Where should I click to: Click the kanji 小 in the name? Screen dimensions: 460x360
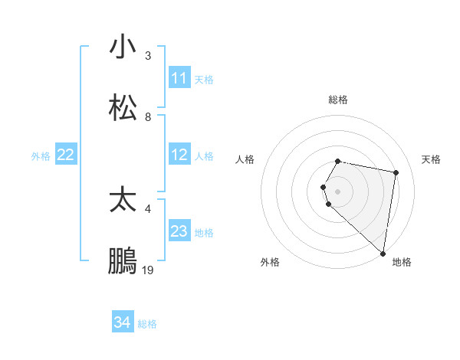123,47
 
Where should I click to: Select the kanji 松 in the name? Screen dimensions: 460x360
123,108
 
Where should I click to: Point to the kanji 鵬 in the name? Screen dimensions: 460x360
123,262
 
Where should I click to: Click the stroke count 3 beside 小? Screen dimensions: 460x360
148,55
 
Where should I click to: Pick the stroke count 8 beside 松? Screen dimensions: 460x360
148,116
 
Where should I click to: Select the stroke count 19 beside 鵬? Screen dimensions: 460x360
148,270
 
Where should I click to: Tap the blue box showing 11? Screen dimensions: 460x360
179,78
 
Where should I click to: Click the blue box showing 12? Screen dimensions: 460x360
179,155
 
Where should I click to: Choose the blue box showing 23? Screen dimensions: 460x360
179,231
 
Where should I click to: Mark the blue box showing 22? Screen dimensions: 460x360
66,155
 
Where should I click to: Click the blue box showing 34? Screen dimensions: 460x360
123,322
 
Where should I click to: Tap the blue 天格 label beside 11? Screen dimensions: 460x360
204,79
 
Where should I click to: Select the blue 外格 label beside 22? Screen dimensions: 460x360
41,155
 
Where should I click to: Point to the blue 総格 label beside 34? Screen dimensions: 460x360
147,323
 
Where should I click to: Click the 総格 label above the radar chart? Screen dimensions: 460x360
338,100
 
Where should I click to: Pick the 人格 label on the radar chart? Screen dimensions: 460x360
245,159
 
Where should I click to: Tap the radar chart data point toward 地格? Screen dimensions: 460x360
383,253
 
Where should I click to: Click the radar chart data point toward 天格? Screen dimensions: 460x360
396,173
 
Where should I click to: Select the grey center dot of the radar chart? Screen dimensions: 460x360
338,191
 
